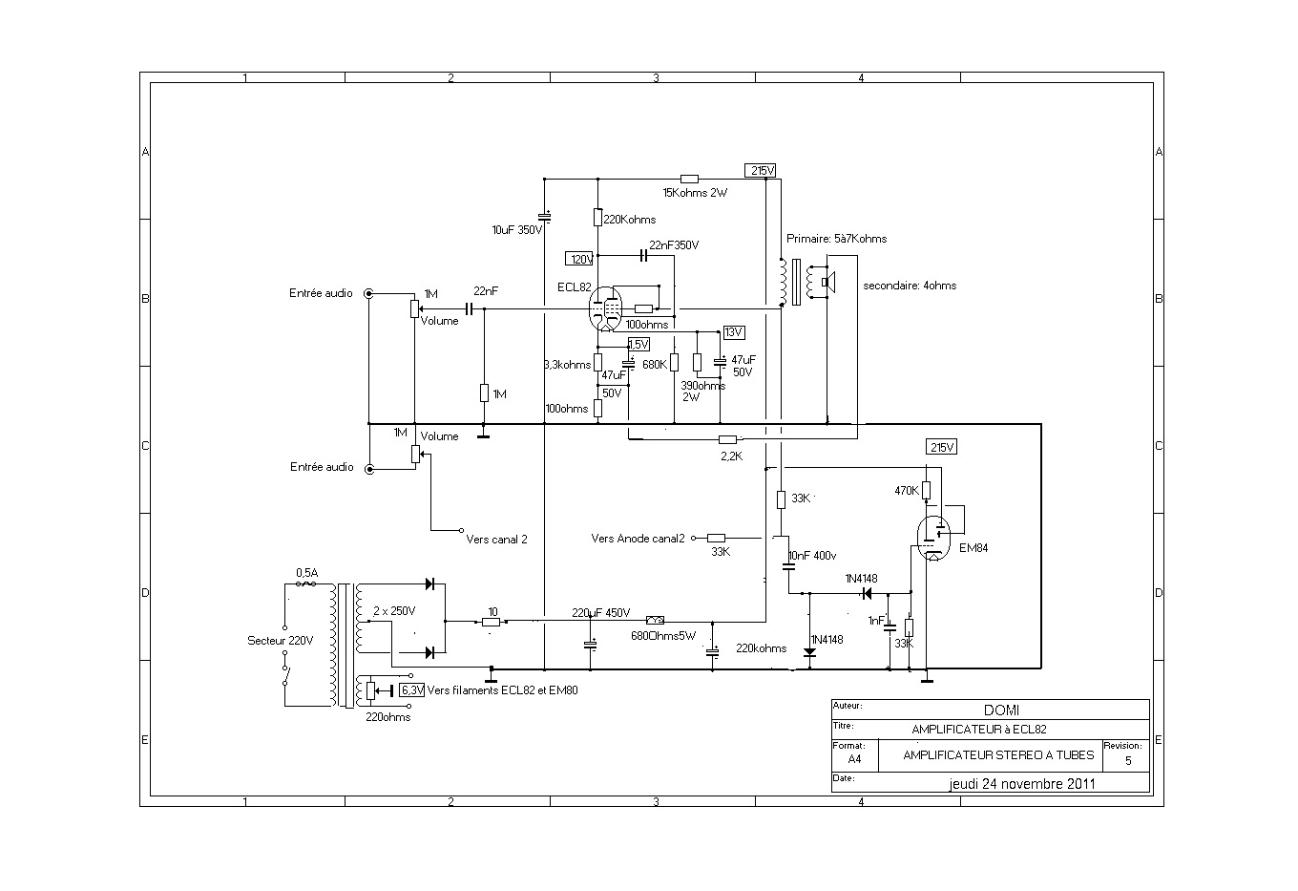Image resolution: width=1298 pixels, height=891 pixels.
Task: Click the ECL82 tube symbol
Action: click(x=607, y=308)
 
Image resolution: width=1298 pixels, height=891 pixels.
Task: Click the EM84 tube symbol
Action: click(x=932, y=538)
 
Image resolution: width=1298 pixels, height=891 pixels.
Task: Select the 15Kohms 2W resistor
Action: click(x=689, y=179)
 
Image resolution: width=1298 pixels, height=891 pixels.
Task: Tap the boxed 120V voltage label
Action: click(x=581, y=259)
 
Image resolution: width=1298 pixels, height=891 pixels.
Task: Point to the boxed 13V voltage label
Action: click(x=733, y=332)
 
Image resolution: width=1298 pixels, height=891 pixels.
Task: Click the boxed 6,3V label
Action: click(x=411, y=689)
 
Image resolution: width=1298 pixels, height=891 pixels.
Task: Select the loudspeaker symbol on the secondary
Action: click(x=828, y=283)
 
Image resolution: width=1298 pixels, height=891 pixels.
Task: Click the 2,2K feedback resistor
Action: click(x=727, y=439)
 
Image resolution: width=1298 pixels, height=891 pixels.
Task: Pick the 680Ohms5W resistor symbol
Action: click(x=656, y=620)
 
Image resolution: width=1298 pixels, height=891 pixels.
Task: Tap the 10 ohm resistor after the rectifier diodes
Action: click(x=492, y=622)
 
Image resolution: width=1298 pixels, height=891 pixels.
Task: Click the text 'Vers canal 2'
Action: click(x=496, y=540)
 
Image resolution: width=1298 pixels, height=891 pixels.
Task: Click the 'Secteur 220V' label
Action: click(x=280, y=641)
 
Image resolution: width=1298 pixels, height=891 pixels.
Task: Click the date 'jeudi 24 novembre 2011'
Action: click(x=1022, y=783)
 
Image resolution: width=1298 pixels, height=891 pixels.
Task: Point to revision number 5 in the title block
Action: click(x=1128, y=761)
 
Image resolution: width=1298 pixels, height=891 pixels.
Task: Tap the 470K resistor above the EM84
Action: click(x=926, y=491)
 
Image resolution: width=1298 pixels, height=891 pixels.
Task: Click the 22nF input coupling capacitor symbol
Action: click(x=469, y=308)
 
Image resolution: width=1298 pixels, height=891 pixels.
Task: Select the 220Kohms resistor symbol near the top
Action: click(x=597, y=218)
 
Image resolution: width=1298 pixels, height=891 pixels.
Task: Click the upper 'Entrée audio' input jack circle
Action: click(x=369, y=293)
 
